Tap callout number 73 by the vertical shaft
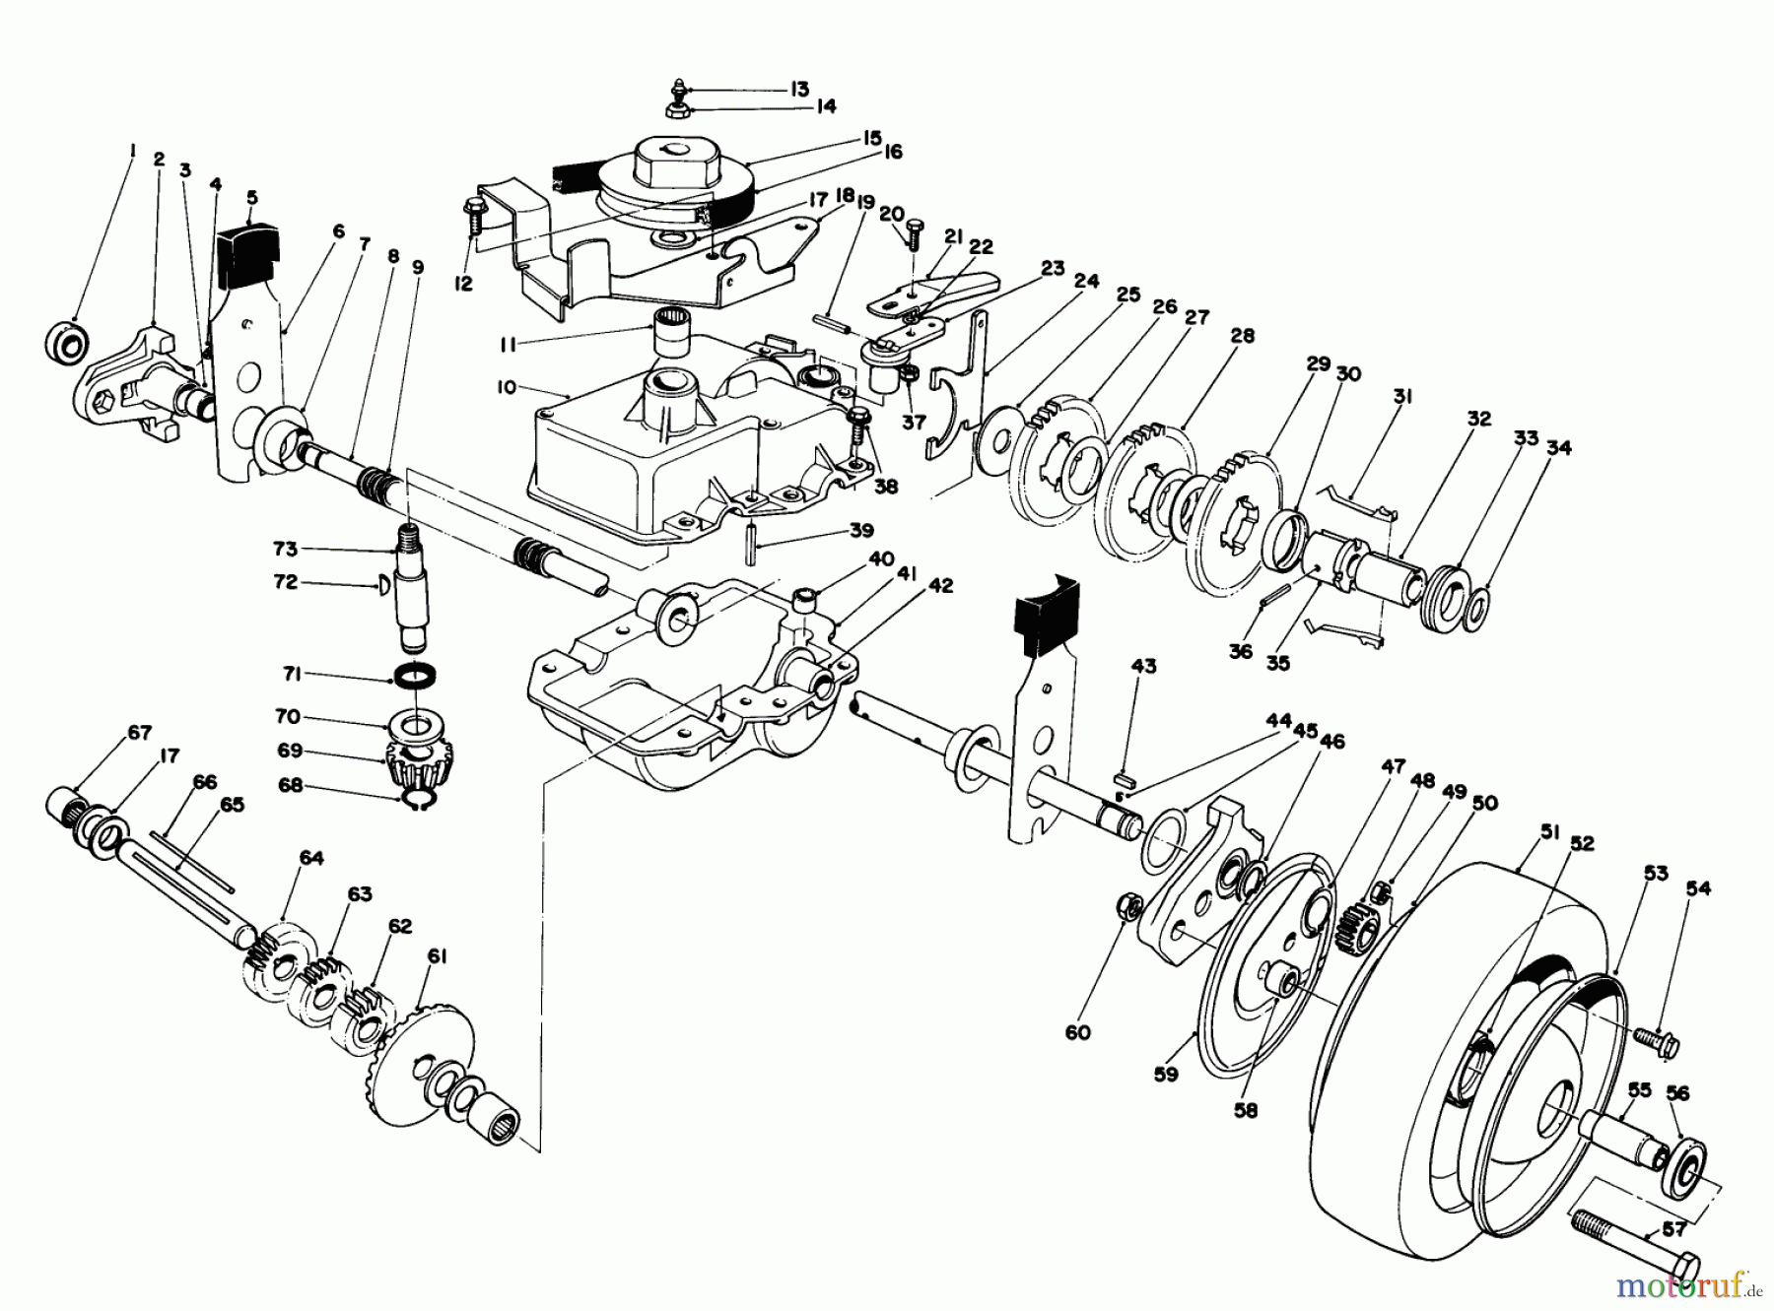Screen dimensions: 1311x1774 click(x=286, y=549)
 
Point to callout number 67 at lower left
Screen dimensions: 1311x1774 click(x=140, y=732)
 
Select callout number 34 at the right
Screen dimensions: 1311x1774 click(x=1559, y=448)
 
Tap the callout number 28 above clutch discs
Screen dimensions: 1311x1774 click(x=1243, y=337)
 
